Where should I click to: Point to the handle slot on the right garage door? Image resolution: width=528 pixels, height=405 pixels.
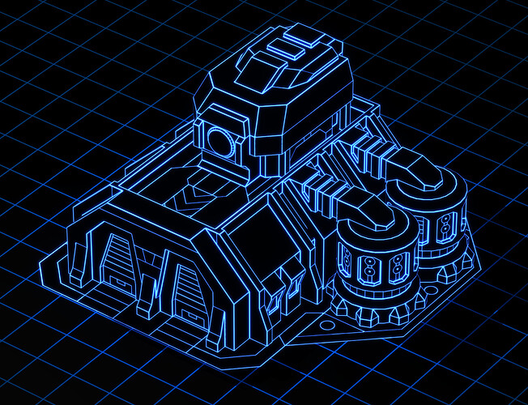coord(185,312)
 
